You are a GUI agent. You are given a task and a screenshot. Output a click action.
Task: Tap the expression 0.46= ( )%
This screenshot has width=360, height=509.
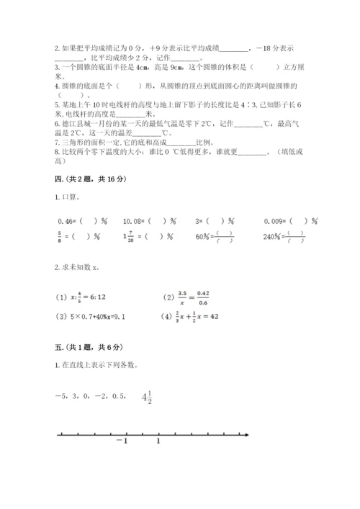point(77,221)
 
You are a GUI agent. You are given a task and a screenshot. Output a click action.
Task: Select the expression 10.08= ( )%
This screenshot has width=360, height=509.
point(150,221)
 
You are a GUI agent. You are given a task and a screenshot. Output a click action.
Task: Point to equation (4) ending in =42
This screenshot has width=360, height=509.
point(195,315)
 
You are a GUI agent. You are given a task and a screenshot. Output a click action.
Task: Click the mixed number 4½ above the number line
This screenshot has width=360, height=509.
point(147,397)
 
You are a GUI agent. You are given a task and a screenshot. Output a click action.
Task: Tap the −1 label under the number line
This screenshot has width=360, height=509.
point(122,441)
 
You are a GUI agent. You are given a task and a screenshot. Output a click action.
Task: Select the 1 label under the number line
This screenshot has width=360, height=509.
point(158,441)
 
